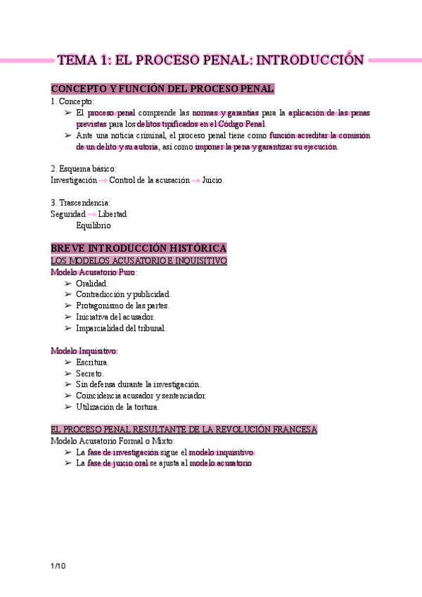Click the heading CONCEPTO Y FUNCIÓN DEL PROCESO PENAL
(x=162, y=89)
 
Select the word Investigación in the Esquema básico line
(x=74, y=180)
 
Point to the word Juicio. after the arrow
(x=212, y=180)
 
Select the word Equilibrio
(x=93, y=225)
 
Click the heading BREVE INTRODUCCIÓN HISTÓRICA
(x=139, y=249)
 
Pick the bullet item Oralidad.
(x=91, y=283)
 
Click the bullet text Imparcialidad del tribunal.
(x=121, y=328)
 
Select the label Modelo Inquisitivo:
(x=84, y=351)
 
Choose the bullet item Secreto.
(x=90, y=373)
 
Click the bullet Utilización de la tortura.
(x=117, y=407)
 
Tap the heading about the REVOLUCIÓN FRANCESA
(x=184, y=429)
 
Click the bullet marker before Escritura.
(x=68, y=362)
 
